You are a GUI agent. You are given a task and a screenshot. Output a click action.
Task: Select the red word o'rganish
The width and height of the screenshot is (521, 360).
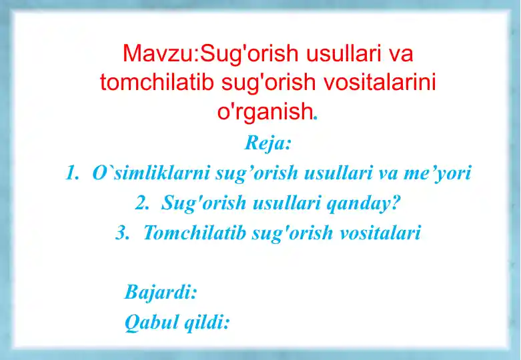coord(265,112)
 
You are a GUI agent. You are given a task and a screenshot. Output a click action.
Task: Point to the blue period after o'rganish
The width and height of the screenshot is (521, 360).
coord(316,117)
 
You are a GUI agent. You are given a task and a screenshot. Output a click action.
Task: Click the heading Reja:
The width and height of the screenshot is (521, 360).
coord(268,143)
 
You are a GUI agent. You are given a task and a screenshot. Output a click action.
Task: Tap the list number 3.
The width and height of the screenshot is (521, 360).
coord(121,233)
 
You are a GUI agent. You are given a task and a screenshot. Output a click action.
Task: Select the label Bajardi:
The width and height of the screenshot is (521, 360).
coord(161,292)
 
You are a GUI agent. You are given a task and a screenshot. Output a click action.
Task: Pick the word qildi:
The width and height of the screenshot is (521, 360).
coord(207,323)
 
